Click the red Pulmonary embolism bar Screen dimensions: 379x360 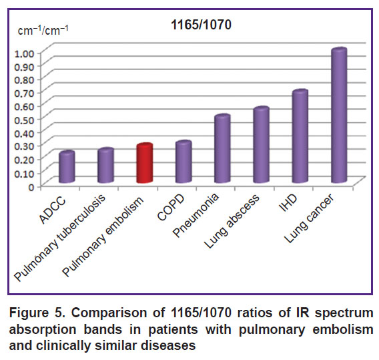tap(145, 163)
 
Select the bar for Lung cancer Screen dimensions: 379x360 tap(339, 115)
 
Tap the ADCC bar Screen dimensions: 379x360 tap(67, 167)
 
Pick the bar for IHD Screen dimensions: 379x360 tap(300, 136)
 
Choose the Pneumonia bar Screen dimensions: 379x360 tap(222, 148)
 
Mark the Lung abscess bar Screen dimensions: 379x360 tap(262, 144)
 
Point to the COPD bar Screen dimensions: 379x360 tap(183, 162)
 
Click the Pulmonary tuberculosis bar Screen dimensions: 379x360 tap(105, 165)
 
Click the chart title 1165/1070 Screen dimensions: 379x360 tap(201, 25)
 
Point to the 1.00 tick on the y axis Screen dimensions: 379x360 tap(25, 53)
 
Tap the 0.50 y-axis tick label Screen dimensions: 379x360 tap(25, 120)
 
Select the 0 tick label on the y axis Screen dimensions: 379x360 tap(31, 187)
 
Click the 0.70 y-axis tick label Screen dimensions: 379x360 tap(25, 94)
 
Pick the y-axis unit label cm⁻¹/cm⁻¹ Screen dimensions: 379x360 tap(43, 31)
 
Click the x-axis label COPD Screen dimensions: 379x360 tap(171, 208)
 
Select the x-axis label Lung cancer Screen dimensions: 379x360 tap(310, 218)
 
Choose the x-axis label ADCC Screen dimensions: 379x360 tap(53, 210)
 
